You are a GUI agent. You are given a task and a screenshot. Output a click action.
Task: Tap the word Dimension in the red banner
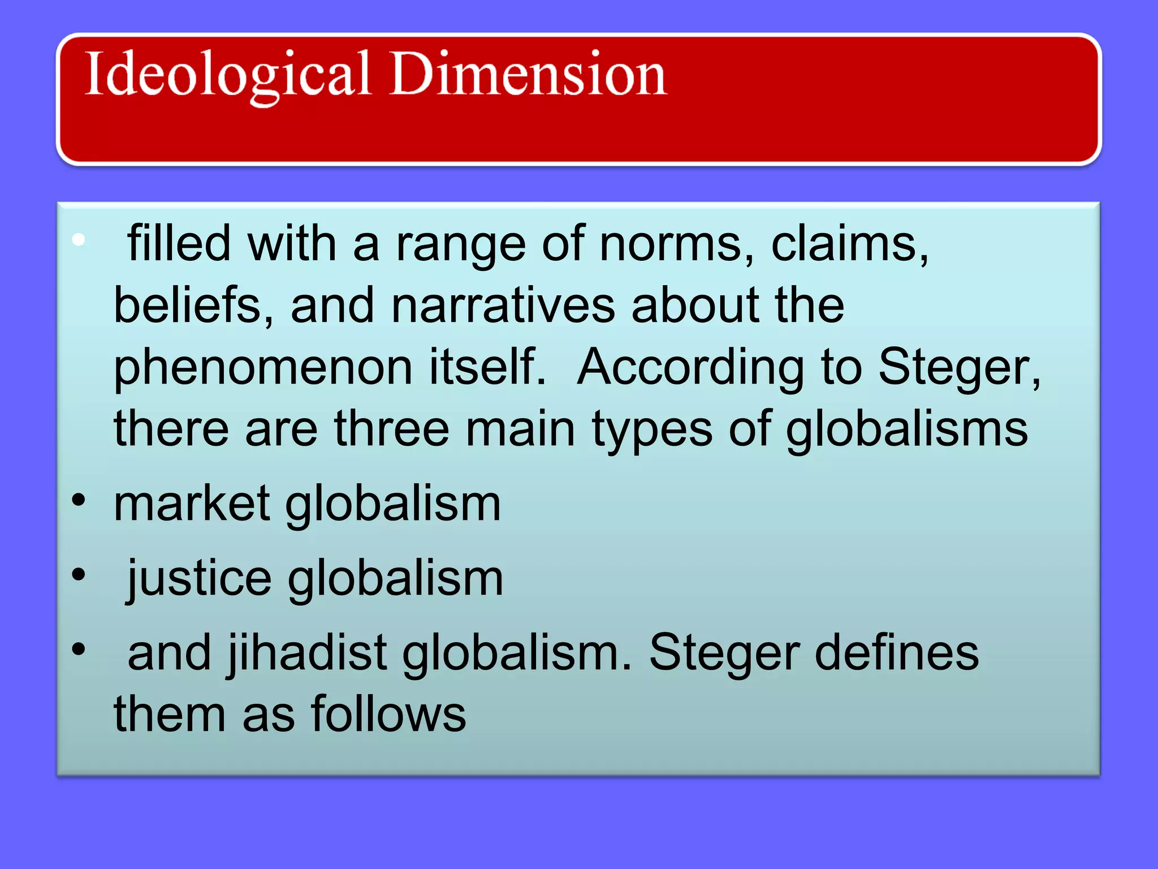528,74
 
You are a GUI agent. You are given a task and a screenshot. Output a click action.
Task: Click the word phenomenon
263,368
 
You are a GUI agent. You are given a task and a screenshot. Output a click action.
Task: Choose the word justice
200,579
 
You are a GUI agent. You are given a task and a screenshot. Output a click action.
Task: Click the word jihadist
308,653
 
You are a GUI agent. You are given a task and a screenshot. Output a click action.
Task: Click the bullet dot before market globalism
79,500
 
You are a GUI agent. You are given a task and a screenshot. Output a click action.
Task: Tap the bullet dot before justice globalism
79,575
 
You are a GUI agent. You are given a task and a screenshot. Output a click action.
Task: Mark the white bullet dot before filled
79,240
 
